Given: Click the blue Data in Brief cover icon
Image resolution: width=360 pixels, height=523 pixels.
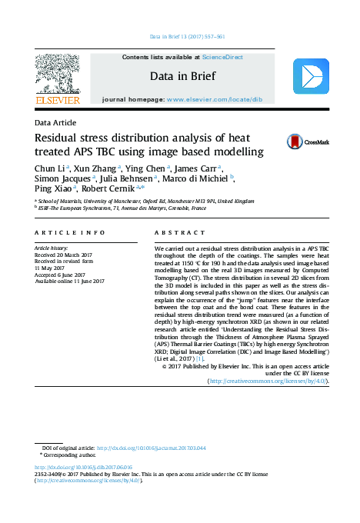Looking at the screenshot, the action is click(x=311, y=75).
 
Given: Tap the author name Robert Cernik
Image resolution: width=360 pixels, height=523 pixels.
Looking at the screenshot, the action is click(x=108, y=188).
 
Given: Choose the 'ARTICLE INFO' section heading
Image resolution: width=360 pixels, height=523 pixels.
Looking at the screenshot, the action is click(x=69, y=232).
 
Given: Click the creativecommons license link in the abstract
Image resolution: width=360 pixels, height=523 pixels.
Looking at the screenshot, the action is click(x=269, y=381).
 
